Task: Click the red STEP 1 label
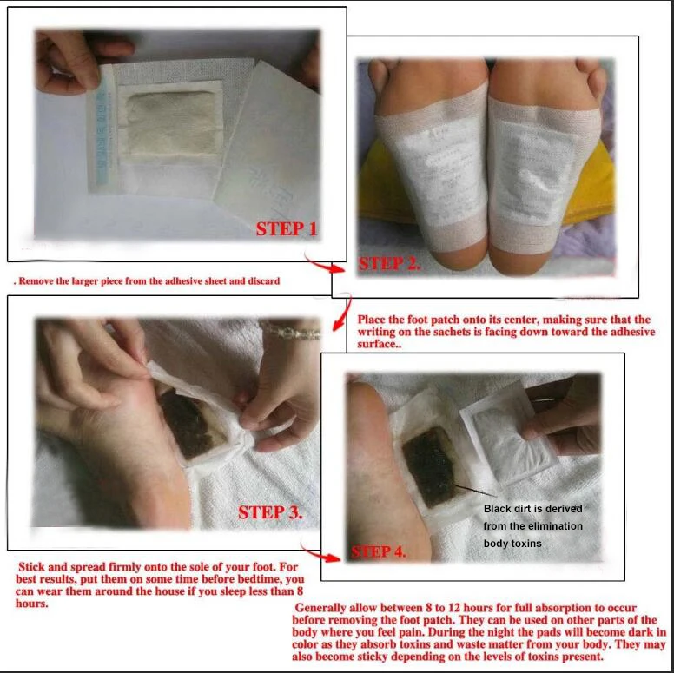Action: [287, 228]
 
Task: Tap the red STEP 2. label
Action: [389, 263]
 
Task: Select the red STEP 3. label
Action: [270, 511]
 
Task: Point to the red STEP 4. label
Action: [379, 551]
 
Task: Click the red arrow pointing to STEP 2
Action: [323, 263]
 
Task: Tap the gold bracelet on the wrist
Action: [291, 330]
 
